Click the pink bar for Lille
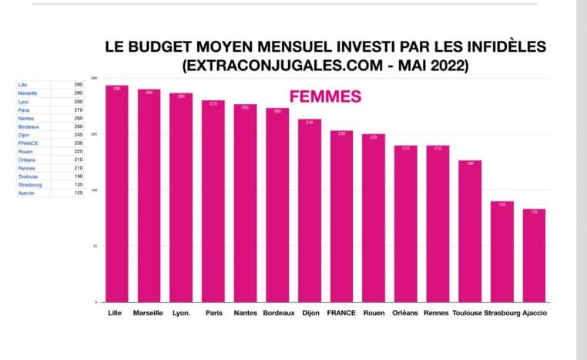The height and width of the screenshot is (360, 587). tap(117, 193)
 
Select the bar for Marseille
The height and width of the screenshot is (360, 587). tap(149, 195)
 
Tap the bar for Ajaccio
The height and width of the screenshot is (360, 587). tap(534, 254)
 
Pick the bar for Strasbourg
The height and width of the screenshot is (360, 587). tap(501, 251)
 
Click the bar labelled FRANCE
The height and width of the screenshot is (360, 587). tap(341, 216)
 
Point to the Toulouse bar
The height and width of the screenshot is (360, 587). tap(470, 230)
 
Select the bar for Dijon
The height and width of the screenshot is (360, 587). tap(310, 210)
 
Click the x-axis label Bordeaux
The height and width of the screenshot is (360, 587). tap(277, 313)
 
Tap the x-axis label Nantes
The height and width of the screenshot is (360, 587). tap(245, 313)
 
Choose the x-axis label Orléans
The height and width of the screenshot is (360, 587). tap(405, 313)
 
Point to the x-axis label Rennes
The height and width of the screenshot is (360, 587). tap(437, 313)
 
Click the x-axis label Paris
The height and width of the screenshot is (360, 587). tap(213, 313)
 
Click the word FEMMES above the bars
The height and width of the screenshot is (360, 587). tap(325, 97)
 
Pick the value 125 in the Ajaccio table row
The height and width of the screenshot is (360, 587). tap(79, 193)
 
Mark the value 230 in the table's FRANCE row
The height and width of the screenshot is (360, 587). tap(79, 143)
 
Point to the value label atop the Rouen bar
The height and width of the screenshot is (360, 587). tap(374, 137)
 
